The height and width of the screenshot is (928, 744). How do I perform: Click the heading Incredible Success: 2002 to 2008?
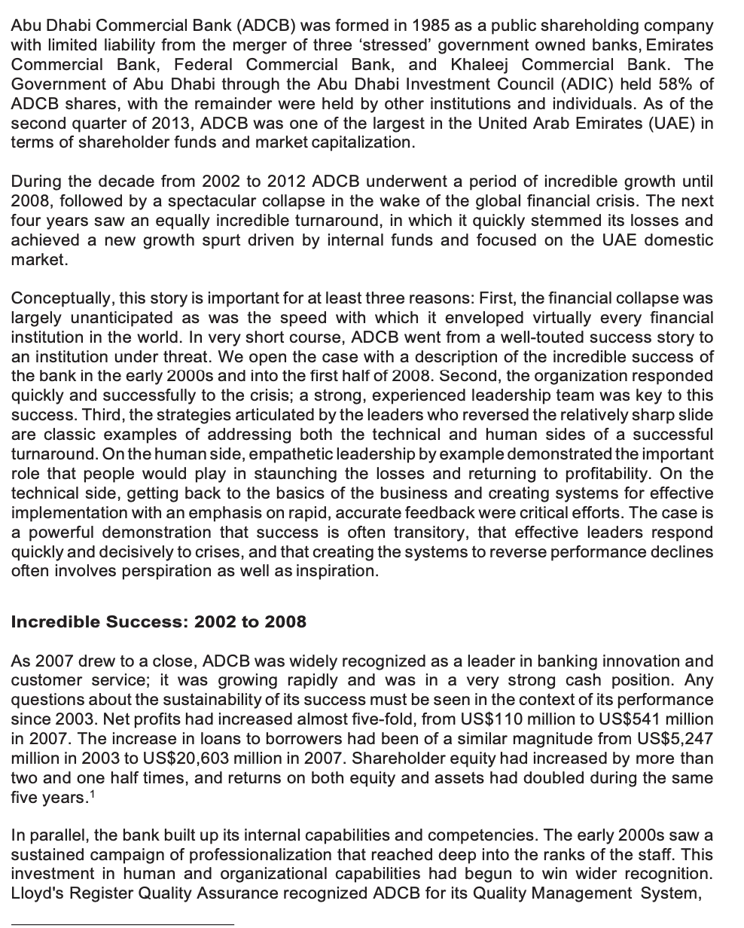pyautogui.click(x=158, y=621)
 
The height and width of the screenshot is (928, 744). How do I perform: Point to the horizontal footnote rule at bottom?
pyautogui.click(x=123, y=923)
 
